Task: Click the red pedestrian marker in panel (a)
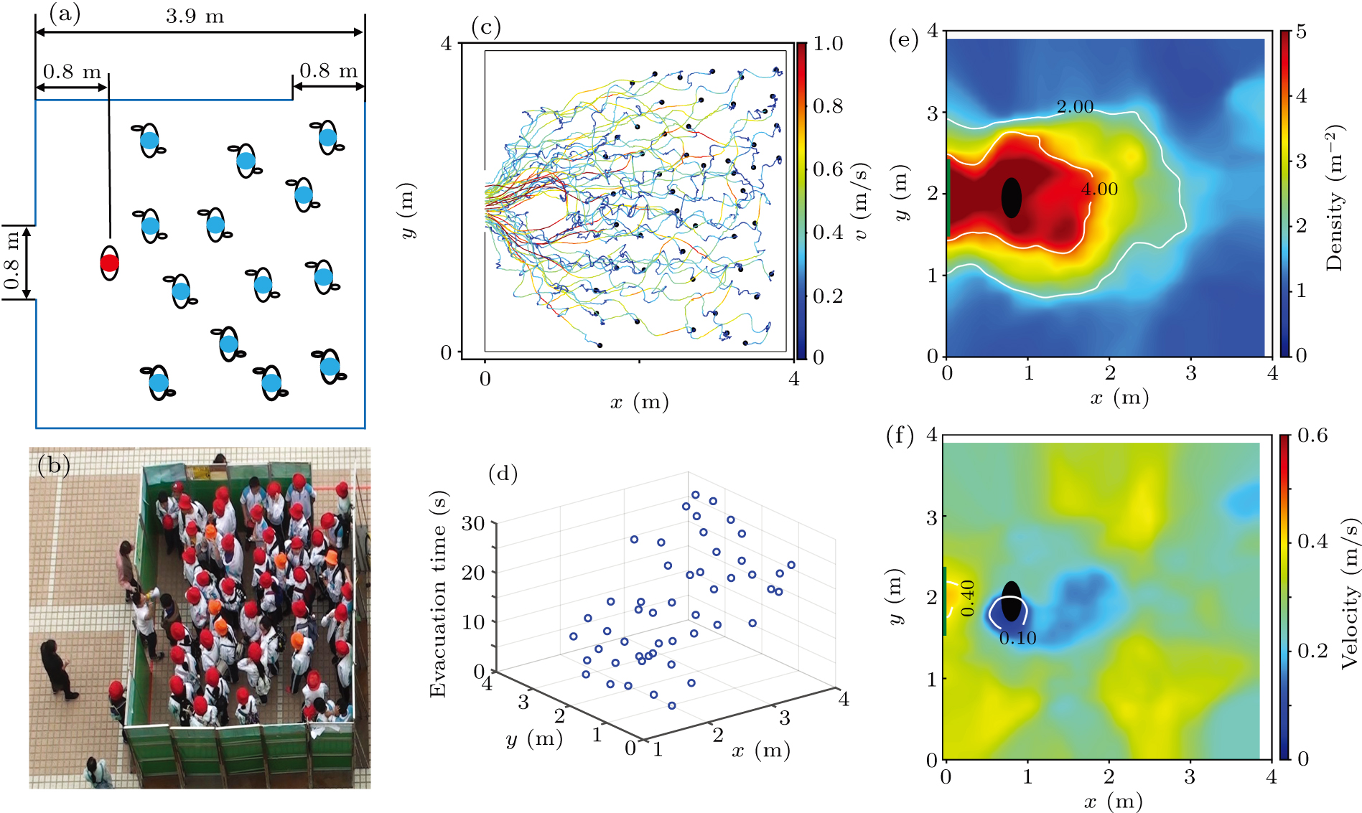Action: (x=109, y=263)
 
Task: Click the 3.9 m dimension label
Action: (x=195, y=16)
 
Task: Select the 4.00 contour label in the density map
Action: (x=1099, y=189)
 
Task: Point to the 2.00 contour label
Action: (x=1075, y=107)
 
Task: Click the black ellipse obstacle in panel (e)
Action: (x=1011, y=197)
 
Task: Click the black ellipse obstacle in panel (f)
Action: (x=1010, y=601)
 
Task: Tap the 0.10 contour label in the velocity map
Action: (x=1017, y=638)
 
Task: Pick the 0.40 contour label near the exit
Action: (x=968, y=598)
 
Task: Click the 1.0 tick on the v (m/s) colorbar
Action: (x=828, y=44)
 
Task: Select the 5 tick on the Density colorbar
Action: (x=1301, y=32)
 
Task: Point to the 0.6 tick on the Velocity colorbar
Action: (x=1312, y=436)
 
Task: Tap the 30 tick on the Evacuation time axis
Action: (x=473, y=523)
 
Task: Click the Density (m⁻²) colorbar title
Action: (x=1335, y=198)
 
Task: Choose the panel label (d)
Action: (x=503, y=474)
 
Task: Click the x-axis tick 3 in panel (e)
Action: (x=1191, y=373)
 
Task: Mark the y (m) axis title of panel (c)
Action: (x=407, y=210)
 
